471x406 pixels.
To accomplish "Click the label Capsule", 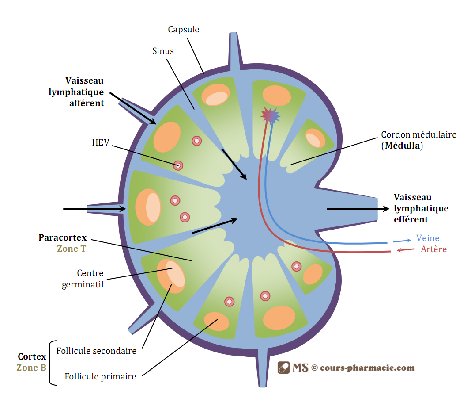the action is (x=183, y=30).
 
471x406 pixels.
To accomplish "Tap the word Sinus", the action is (x=163, y=51).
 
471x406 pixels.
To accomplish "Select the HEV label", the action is (x=100, y=142).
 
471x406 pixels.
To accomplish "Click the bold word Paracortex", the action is (x=63, y=237).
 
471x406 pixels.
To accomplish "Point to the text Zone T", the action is (x=72, y=249).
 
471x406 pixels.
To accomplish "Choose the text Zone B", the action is (x=31, y=368).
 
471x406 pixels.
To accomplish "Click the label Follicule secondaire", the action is (x=96, y=351).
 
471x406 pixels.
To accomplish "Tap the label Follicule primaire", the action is (x=100, y=376).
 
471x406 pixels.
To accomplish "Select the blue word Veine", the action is (x=428, y=238).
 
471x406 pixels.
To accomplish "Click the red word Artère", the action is (x=433, y=249).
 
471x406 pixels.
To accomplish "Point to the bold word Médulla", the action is (x=402, y=146).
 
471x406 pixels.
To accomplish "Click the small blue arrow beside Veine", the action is (x=402, y=241).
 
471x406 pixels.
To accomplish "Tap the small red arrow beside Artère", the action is (x=406, y=250).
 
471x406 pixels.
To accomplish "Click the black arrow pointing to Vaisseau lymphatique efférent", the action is (x=358, y=209).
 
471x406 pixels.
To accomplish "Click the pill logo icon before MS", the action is (x=283, y=368).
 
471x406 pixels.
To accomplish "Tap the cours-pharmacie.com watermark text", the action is (x=367, y=368).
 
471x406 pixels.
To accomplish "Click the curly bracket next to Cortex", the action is (x=53, y=363).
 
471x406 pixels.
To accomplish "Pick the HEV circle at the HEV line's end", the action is (x=178, y=165).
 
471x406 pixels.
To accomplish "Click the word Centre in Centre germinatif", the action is (x=90, y=273).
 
